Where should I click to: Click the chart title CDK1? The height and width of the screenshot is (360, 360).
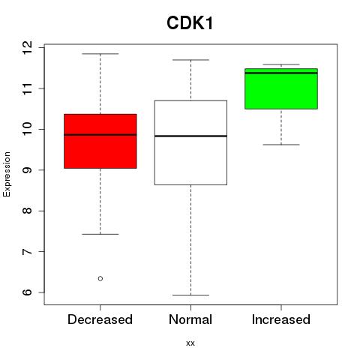point(190,23)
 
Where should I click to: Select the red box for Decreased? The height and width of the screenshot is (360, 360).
point(100,141)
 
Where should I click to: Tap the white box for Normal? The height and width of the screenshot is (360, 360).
point(190,142)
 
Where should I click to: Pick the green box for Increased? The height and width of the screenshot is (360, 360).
point(281,88)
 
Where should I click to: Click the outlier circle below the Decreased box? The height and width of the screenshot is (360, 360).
point(100,278)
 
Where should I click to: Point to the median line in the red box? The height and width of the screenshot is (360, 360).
point(100,135)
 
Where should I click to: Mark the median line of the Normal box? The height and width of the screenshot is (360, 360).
point(190,136)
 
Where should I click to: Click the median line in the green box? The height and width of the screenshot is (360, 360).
point(281,73)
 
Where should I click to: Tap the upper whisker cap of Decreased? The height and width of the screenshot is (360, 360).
point(100,54)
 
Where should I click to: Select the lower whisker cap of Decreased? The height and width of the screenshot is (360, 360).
point(100,234)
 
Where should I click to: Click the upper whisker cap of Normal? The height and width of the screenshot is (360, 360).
point(190,60)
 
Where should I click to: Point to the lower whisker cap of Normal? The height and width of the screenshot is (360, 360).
point(190,295)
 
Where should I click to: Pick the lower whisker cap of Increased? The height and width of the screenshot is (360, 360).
point(281,145)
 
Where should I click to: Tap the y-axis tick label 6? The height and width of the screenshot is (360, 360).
point(27,292)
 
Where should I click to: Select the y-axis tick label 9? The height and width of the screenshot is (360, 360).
point(27,170)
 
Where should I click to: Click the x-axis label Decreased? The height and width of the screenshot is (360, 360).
point(100,319)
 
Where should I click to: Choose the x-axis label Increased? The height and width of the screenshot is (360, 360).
point(281,319)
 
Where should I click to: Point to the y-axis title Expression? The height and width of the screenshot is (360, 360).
point(7,174)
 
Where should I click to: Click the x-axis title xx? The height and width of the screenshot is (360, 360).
point(190,343)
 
